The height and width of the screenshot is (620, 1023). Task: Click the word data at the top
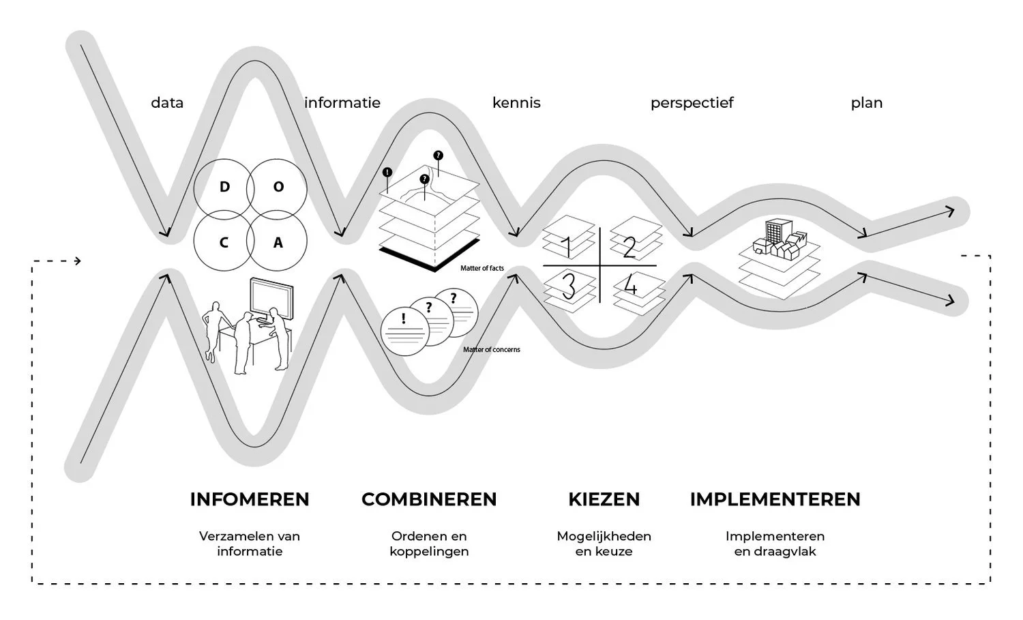(x=167, y=103)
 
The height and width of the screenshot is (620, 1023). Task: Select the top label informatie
(x=342, y=103)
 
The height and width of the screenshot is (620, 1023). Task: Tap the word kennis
(x=516, y=103)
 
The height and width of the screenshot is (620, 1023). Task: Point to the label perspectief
(x=692, y=103)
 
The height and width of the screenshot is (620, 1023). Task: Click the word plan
(x=867, y=103)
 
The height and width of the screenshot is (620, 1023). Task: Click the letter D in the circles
(x=224, y=186)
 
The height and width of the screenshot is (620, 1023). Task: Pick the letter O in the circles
(x=278, y=186)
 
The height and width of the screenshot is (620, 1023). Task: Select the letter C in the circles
(x=224, y=242)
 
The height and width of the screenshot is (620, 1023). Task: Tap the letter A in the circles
(x=278, y=242)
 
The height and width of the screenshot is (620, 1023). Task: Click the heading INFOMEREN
(x=250, y=499)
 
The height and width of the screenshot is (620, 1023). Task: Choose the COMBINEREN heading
(x=429, y=499)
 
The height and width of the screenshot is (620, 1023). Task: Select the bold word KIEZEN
(x=604, y=499)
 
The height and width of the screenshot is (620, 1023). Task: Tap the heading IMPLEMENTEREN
(x=775, y=499)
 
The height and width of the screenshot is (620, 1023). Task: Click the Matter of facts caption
(x=482, y=269)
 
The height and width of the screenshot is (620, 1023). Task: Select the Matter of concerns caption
(x=492, y=350)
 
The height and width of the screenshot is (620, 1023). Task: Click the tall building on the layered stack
(x=775, y=231)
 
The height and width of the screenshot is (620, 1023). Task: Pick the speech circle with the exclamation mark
(x=404, y=329)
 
